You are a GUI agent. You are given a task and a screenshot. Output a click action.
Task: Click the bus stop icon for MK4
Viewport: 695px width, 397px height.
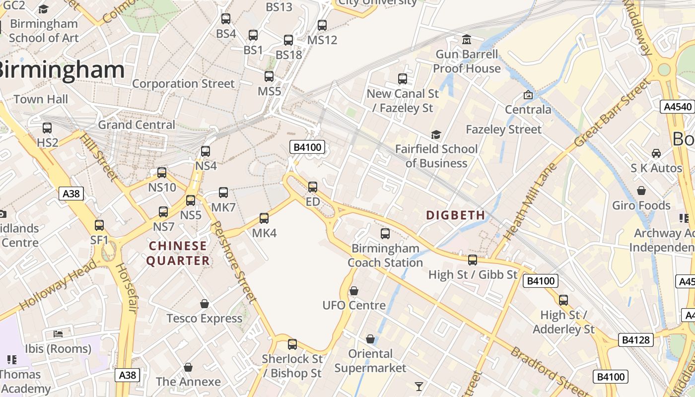[x=264, y=218]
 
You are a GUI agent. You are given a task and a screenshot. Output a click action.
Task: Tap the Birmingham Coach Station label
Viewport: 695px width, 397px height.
[x=385, y=255]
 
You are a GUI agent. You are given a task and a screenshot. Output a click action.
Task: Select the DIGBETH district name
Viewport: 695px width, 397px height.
[x=456, y=215]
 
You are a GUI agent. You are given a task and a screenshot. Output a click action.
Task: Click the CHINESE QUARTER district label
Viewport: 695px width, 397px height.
[x=178, y=253]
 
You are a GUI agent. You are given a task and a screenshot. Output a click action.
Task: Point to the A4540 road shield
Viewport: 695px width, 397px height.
[x=677, y=107]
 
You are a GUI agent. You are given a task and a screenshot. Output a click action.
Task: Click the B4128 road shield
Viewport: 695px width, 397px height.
[x=636, y=340]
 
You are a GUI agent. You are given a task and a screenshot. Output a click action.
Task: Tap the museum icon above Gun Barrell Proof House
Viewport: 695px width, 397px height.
[x=467, y=39]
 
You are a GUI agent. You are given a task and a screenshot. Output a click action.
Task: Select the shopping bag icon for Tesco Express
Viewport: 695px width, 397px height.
[x=205, y=304]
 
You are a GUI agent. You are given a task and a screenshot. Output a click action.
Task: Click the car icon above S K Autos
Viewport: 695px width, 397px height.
[x=656, y=153]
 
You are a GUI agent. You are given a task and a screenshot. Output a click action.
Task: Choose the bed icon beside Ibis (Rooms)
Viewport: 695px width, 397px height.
[x=58, y=333]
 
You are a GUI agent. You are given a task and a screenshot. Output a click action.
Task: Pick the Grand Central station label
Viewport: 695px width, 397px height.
[x=137, y=125]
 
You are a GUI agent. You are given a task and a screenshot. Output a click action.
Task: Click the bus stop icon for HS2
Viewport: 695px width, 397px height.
[x=47, y=128]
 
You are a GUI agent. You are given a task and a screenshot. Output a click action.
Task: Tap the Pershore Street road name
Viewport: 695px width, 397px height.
[x=233, y=262]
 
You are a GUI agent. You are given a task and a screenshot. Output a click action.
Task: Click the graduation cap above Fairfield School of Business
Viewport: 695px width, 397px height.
[x=436, y=134]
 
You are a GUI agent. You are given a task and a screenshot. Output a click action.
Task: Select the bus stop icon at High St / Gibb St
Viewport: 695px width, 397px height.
[x=473, y=260]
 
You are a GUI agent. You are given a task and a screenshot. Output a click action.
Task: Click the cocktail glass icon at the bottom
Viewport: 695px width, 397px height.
[x=419, y=386]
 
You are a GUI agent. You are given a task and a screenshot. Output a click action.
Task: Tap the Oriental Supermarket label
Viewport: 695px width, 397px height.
[x=370, y=361]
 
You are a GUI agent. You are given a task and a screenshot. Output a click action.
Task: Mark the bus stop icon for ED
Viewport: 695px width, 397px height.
[x=313, y=187]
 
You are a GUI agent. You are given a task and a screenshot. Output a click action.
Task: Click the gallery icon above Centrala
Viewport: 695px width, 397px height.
[x=528, y=95]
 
